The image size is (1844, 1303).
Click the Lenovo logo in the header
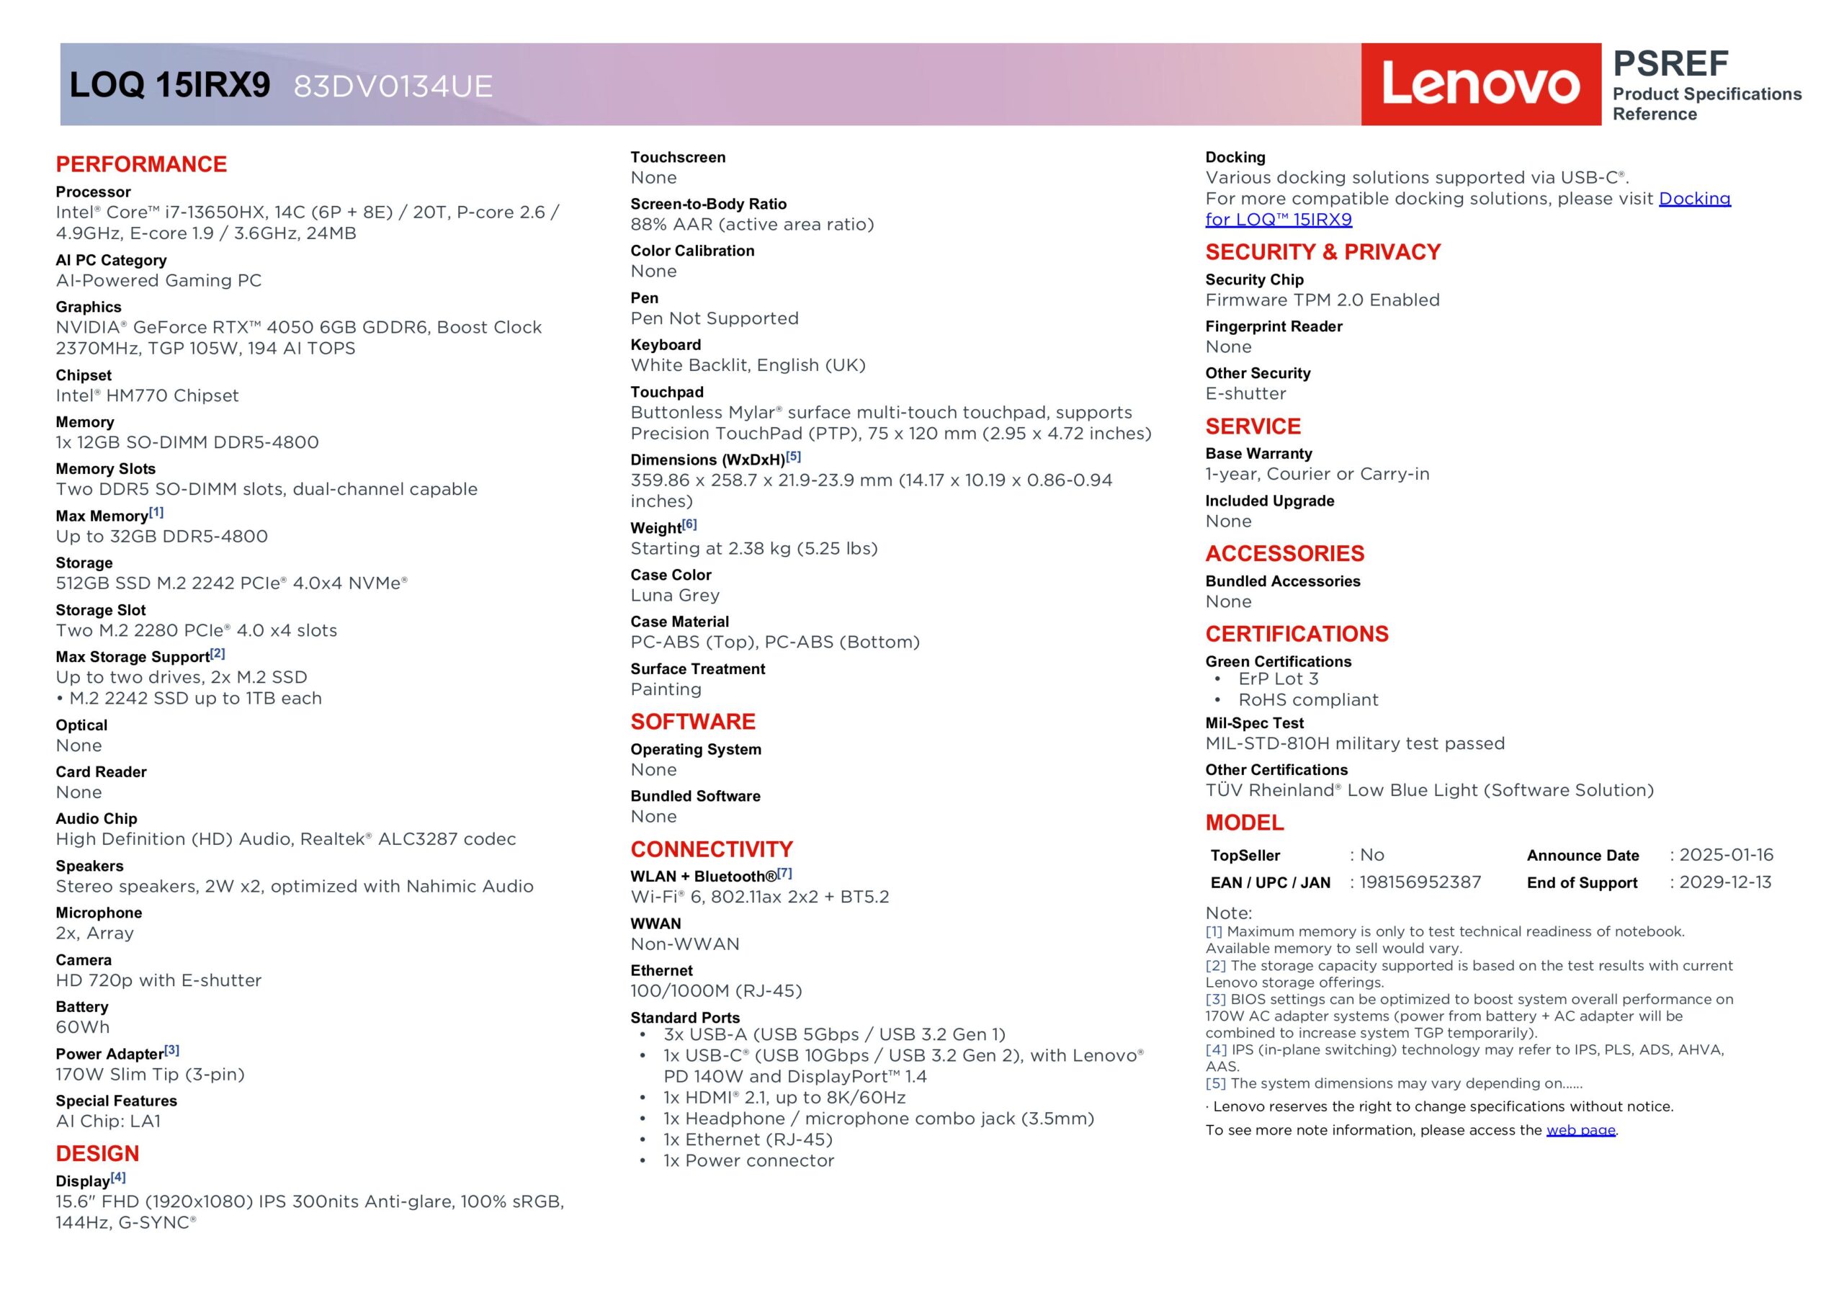[1480, 84]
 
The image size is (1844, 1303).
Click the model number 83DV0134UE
[393, 86]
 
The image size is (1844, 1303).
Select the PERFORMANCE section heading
[141, 164]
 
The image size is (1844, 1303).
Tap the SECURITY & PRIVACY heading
[1322, 252]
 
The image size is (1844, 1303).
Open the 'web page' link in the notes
[1580, 1130]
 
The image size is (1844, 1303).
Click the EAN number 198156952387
[1420, 882]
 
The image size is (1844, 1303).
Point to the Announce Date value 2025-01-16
[1726, 855]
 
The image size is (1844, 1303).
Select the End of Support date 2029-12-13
[1725, 882]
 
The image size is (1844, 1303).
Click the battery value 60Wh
[83, 1026]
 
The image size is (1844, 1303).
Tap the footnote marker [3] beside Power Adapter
[172, 1051]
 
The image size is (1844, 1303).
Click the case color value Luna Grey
[675, 595]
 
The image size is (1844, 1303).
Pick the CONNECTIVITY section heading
[712, 849]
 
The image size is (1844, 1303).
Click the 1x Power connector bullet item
[748, 1161]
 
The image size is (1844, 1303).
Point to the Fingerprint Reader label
[1273, 326]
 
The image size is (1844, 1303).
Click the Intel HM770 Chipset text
[147, 395]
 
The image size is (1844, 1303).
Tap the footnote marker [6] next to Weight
[689, 524]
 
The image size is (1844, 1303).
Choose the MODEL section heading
[1244, 823]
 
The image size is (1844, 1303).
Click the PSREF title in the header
[1670, 63]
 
